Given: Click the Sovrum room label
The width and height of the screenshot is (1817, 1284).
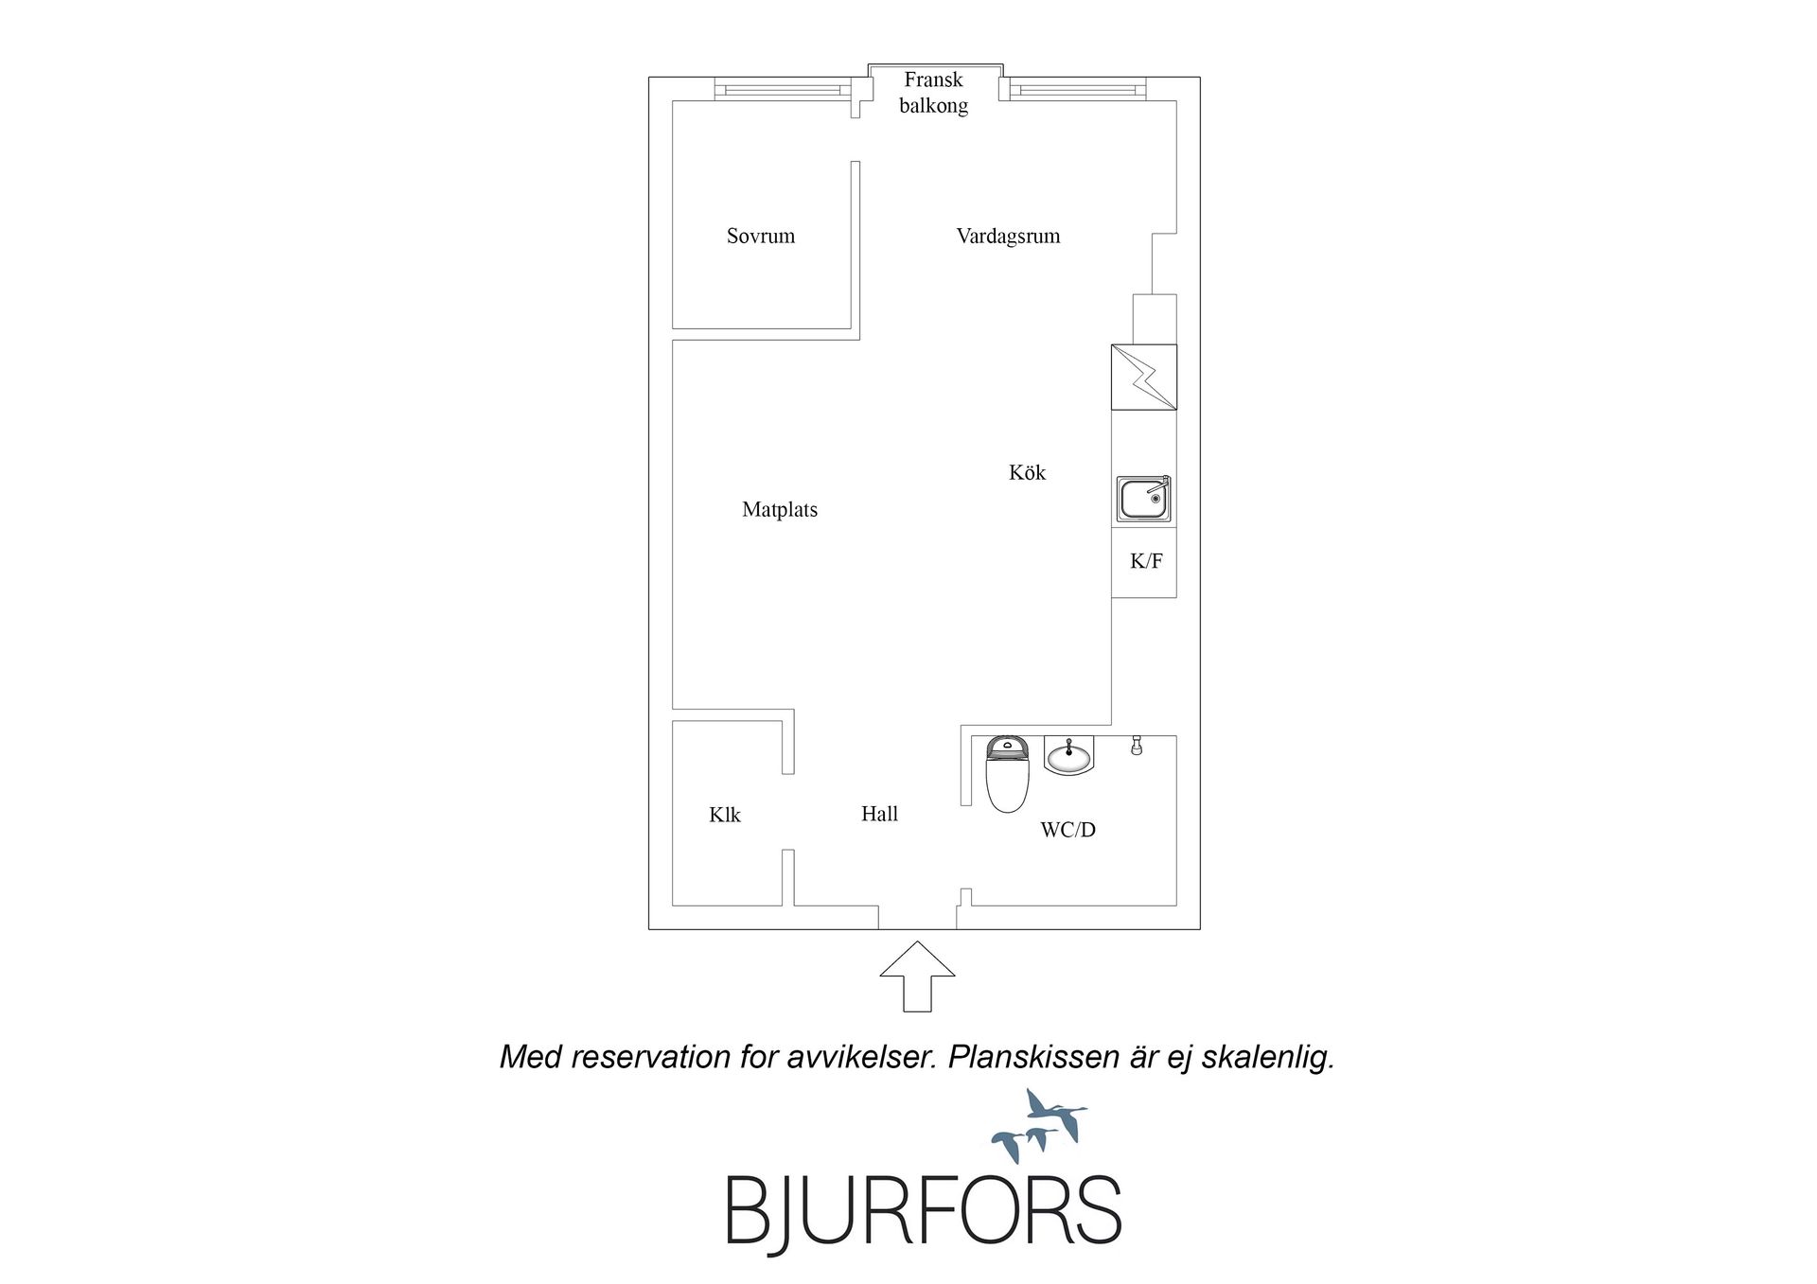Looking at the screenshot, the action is click(x=761, y=237).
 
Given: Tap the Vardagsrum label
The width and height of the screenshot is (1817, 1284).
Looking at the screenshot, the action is click(x=1008, y=237).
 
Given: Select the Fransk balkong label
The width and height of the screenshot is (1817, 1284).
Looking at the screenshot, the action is click(x=934, y=93).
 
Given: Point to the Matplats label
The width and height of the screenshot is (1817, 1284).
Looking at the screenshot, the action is click(x=780, y=510).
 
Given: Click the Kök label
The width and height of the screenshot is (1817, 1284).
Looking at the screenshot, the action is click(x=1027, y=472).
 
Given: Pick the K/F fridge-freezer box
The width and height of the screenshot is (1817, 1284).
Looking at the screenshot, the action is click(x=1144, y=562).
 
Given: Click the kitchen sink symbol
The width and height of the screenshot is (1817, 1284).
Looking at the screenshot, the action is click(x=1144, y=498).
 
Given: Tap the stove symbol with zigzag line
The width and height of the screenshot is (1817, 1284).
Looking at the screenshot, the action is click(x=1144, y=378).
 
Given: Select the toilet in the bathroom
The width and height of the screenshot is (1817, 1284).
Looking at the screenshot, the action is click(x=1007, y=774).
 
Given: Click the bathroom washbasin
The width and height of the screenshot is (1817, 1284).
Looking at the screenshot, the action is click(x=1069, y=755).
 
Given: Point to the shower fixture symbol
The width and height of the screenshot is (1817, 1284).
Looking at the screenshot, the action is click(x=1137, y=746).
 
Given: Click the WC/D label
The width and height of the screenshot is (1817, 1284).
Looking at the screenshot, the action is click(x=1067, y=830).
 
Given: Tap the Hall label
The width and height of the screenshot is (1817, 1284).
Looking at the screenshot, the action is click(x=879, y=814).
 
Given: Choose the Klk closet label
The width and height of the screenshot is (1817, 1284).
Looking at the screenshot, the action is click(x=725, y=815).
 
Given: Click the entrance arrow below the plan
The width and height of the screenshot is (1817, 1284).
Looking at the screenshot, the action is click(x=917, y=976).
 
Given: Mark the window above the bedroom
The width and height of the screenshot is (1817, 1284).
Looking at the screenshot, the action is click(x=778, y=90).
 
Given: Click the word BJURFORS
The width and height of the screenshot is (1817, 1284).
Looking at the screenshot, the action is click(x=923, y=1210).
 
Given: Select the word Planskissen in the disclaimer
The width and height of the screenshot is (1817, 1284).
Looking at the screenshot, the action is click(x=1033, y=1057).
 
